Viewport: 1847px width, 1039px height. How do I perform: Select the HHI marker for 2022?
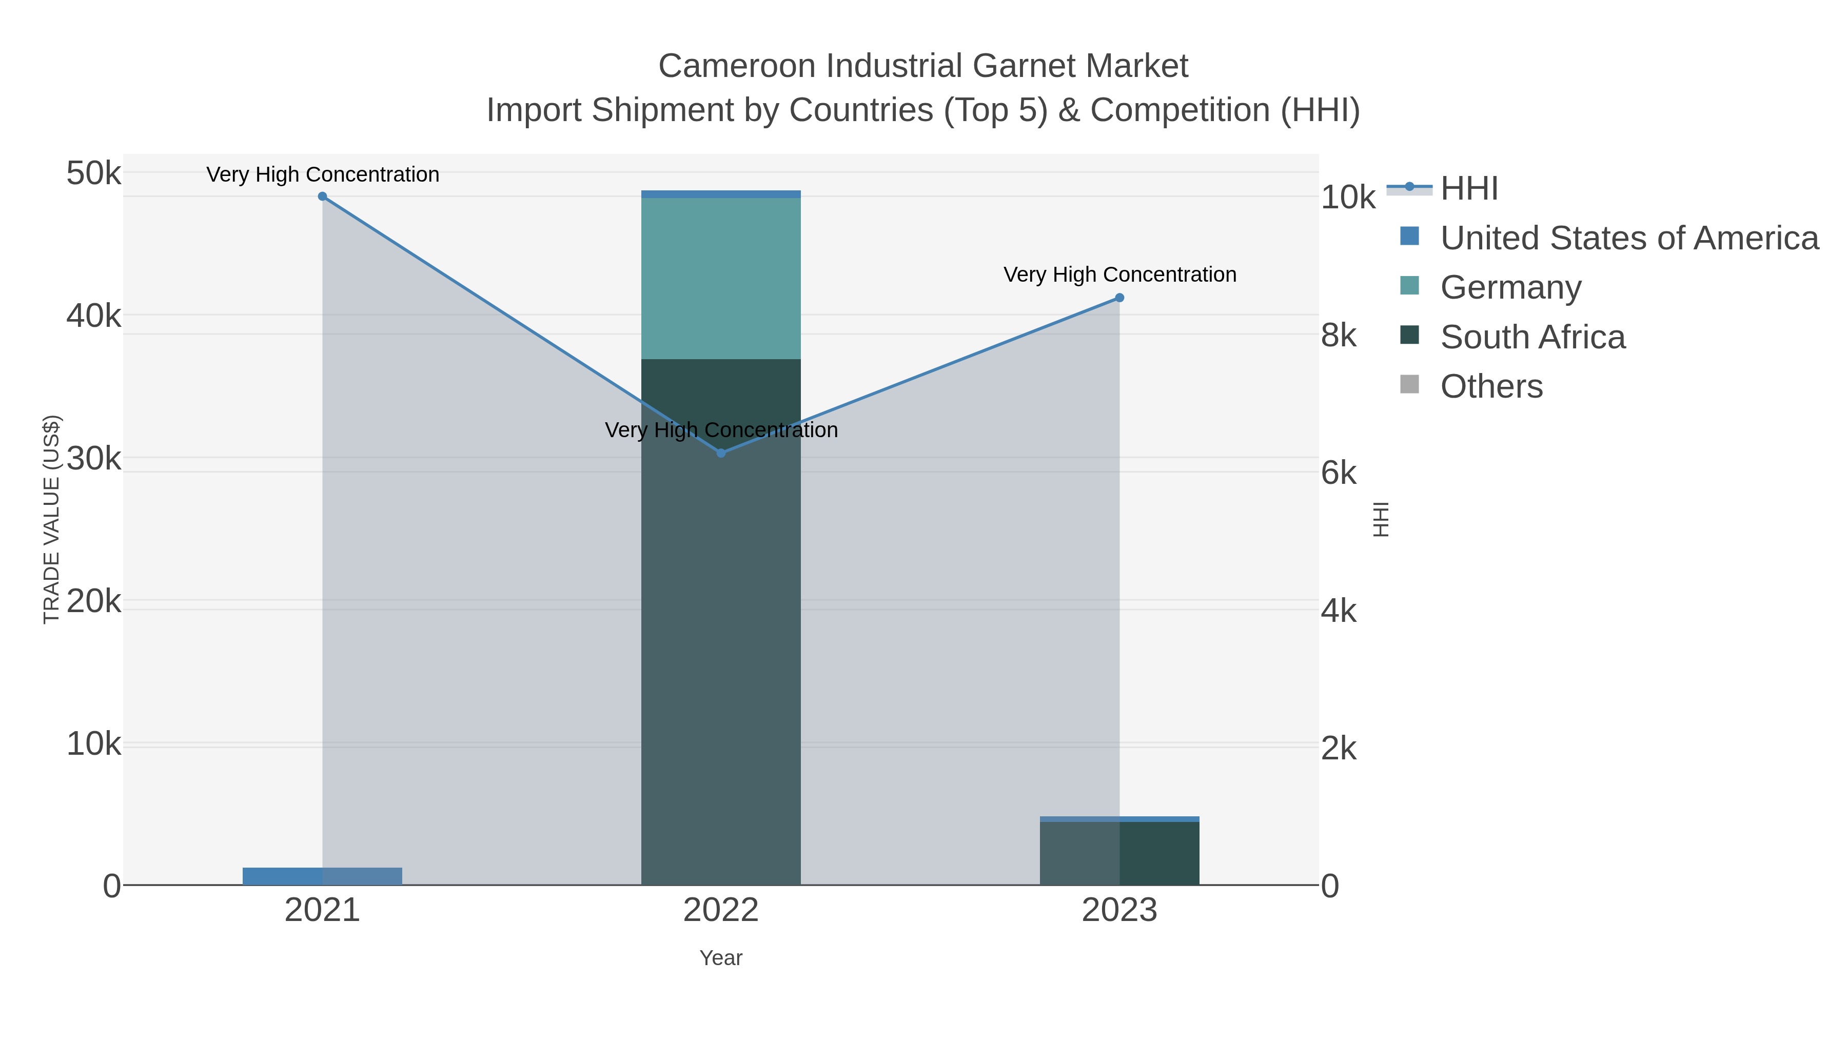(721, 453)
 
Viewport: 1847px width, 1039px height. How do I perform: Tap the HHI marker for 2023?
(1119, 298)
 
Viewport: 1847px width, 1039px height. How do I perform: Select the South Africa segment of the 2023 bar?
(1119, 853)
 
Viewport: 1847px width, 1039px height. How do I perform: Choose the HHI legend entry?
(1468, 189)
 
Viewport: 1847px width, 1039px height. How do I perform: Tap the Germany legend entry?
(1510, 287)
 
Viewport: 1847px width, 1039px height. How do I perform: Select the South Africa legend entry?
(1532, 337)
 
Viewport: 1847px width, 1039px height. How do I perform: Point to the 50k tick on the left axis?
(94, 173)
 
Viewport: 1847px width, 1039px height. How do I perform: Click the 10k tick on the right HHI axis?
(1348, 198)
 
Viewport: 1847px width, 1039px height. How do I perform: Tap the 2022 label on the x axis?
(721, 911)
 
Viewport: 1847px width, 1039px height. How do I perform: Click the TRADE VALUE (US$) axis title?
(52, 519)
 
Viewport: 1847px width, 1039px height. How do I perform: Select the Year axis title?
(721, 958)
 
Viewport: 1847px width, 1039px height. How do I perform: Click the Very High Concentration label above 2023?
(1119, 275)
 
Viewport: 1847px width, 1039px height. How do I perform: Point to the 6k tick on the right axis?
(1339, 473)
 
